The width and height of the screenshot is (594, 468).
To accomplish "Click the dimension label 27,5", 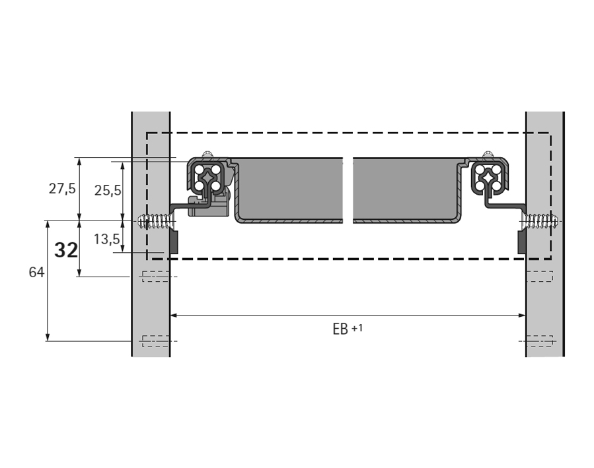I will [62, 189].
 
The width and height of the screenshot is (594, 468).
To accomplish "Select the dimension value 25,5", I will [108, 190].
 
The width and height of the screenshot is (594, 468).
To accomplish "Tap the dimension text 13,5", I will [106, 239].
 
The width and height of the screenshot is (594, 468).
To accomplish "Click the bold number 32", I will [66, 250].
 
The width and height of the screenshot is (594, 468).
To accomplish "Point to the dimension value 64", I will [37, 272].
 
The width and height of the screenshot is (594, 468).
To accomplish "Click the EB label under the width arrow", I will [340, 329].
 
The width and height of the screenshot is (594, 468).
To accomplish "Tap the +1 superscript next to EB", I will [357, 327].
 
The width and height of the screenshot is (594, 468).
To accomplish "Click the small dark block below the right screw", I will [522, 243].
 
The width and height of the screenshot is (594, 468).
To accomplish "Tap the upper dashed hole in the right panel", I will [539, 277].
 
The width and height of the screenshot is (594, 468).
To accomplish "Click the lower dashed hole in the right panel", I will [539, 341].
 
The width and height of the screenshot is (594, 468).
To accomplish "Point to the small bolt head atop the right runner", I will [488, 154].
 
